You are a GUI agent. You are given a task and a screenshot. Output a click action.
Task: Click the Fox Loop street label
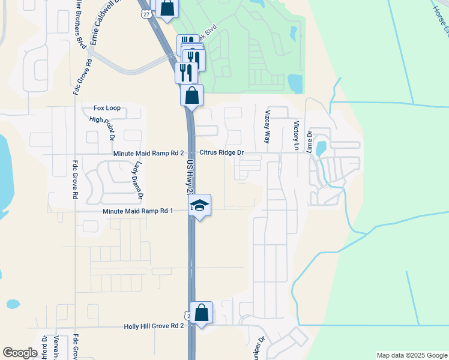pyautogui.click(x=107, y=108)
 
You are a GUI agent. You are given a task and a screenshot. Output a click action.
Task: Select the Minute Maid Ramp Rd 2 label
pyautogui.click(x=148, y=154)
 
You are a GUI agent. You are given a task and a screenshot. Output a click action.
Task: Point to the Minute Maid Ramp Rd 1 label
pyautogui.click(x=137, y=211)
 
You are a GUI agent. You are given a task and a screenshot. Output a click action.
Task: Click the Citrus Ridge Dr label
pyautogui.click(x=221, y=153)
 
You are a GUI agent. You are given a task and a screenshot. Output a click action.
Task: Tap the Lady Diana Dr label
pyautogui.click(x=139, y=180)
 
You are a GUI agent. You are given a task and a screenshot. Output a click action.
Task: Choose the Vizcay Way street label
pyautogui.click(x=268, y=127)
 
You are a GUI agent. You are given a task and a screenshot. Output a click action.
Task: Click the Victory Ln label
pyautogui.click(x=296, y=135)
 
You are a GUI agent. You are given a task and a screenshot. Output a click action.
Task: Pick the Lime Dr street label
pyautogui.click(x=310, y=142)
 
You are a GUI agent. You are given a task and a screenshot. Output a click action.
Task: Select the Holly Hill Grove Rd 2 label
pyautogui.click(x=153, y=326)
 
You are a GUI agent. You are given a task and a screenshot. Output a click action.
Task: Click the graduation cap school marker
pyautogui.click(x=199, y=206)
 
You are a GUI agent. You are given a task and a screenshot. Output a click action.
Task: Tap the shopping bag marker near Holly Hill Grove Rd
pyautogui.click(x=202, y=313)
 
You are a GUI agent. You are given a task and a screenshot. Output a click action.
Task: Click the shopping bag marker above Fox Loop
pyautogui.click(x=191, y=95)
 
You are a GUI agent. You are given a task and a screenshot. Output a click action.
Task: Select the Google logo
pyautogui.click(x=20, y=353)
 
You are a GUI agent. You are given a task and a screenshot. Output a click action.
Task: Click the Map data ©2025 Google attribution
pyautogui.click(x=411, y=355)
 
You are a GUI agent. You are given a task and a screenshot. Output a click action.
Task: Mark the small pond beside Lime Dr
pyautogui.click(x=321, y=148)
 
